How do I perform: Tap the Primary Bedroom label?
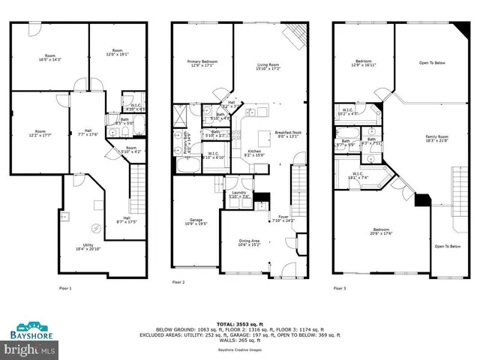pos(202,62)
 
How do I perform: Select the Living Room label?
pos(268,67)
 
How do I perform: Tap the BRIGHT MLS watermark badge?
pos(29,349)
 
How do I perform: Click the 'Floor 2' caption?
pos(178,282)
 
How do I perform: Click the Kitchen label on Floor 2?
pos(256,153)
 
